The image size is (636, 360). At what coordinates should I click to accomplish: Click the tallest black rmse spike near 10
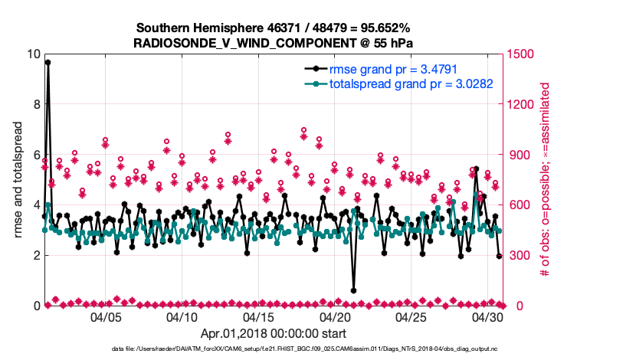(48, 62)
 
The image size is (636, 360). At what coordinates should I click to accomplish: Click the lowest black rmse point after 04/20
(353, 290)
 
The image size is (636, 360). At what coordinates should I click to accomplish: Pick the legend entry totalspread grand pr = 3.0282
(410, 83)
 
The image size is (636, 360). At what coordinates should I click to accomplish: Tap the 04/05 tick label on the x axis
(106, 316)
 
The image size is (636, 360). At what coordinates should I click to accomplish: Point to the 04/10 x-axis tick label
(182, 316)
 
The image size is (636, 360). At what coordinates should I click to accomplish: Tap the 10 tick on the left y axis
(31, 54)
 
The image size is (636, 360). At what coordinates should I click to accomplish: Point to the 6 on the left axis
(35, 155)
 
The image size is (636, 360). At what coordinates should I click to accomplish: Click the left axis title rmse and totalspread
(16, 180)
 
